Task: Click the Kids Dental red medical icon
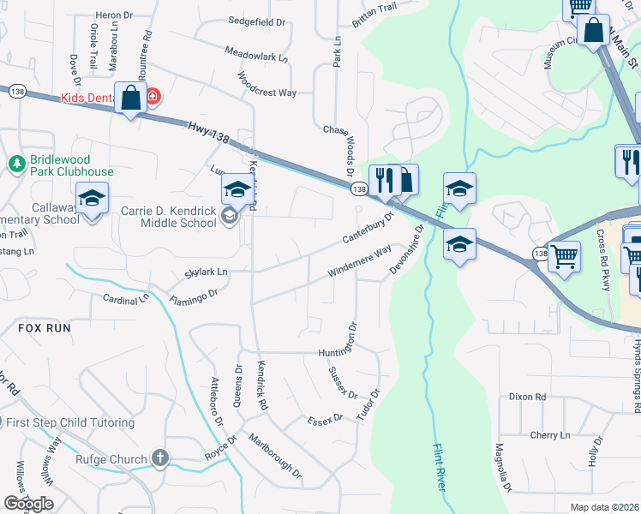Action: (x=153, y=96)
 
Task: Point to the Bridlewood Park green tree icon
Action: (x=15, y=162)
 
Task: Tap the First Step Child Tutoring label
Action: (x=69, y=422)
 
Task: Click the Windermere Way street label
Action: (x=360, y=261)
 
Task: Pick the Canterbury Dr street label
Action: (x=367, y=226)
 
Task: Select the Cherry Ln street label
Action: (x=550, y=435)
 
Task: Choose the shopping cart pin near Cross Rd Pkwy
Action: (x=563, y=255)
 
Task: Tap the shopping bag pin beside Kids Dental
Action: (x=130, y=99)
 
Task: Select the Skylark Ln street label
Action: (x=207, y=272)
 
